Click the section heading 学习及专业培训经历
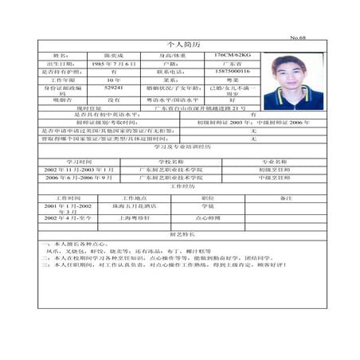pos(182,147)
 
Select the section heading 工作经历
pos(182,186)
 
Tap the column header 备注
pos(287,196)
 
